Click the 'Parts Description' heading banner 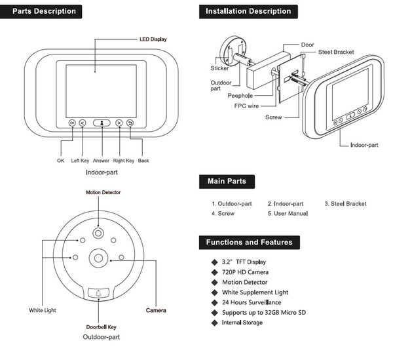point(45,11)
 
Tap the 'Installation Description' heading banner point(248,11)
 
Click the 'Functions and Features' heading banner point(249,242)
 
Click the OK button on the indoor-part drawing point(71,123)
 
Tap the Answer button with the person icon point(102,123)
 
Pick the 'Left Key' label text point(80,160)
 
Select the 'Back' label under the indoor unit point(143,160)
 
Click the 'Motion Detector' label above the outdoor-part point(103,192)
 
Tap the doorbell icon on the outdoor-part point(99,293)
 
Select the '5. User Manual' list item point(288,214)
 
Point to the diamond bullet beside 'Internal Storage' point(214,323)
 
